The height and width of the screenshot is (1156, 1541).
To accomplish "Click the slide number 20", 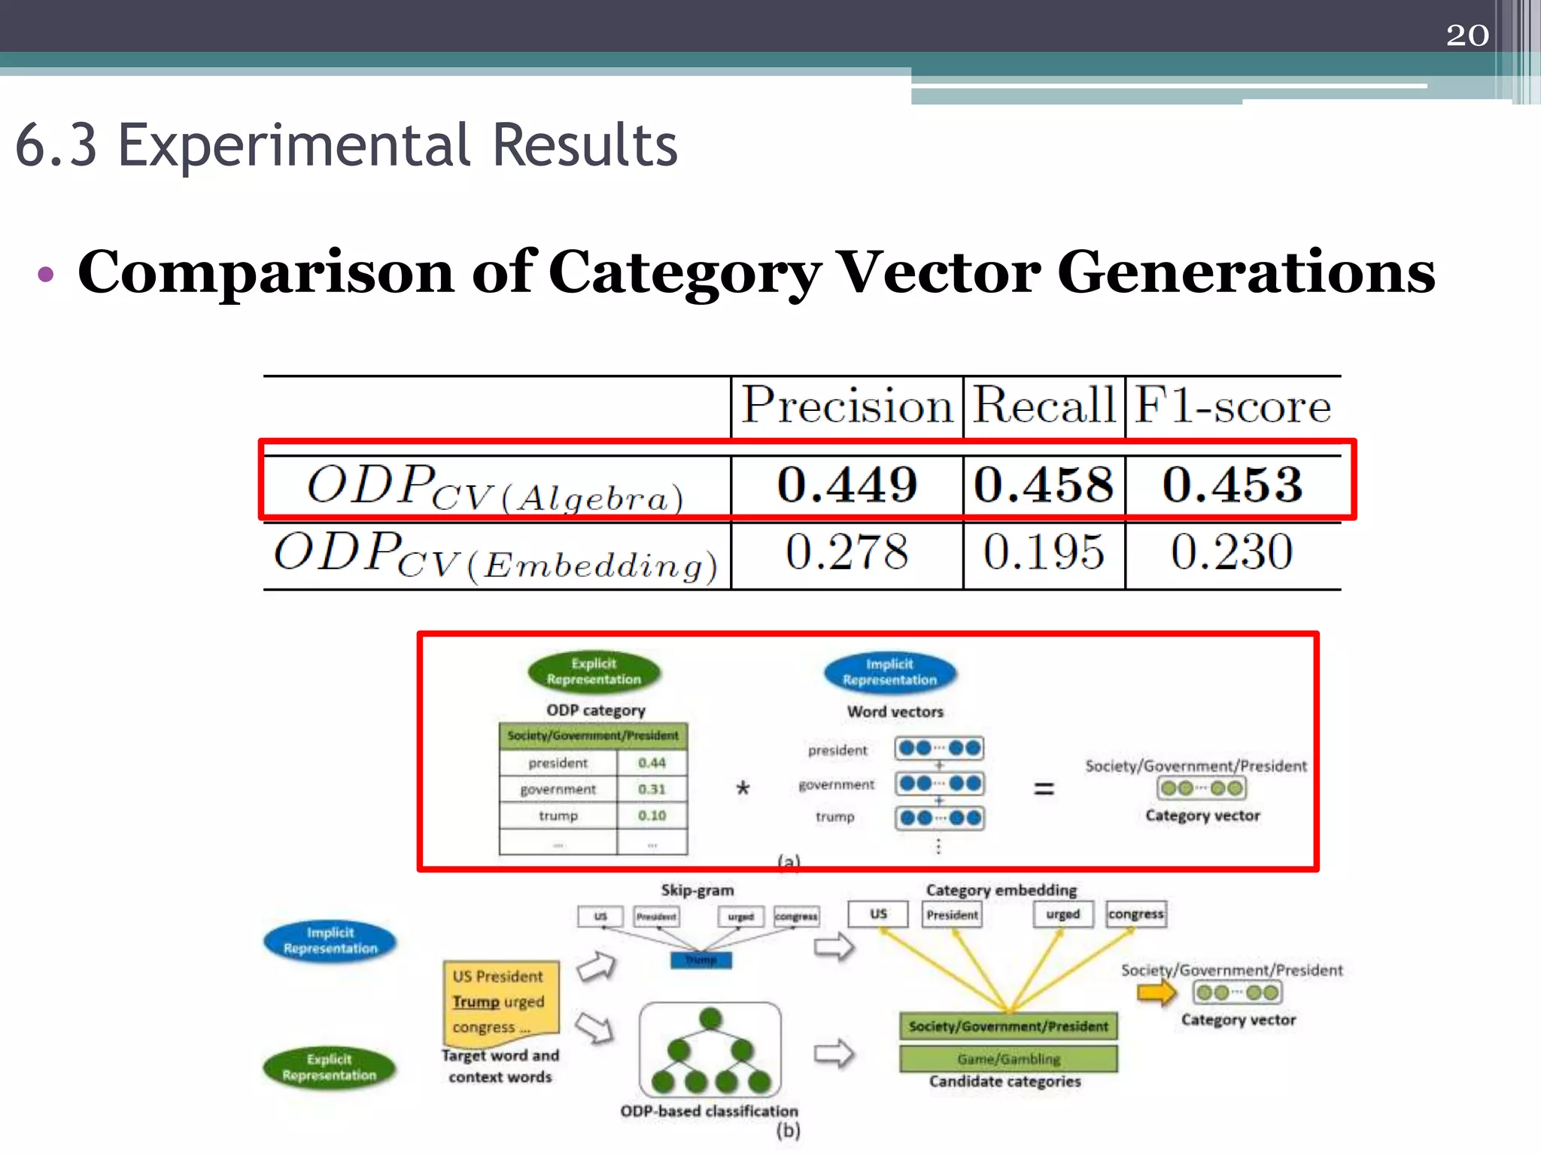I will [1467, 35].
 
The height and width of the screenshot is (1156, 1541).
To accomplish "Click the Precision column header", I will [847, 406].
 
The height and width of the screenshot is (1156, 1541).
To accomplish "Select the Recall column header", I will [1044, 406].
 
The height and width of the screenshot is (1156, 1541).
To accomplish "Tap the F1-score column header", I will [1232, 406].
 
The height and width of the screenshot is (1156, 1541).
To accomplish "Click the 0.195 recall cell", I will [1044, 552].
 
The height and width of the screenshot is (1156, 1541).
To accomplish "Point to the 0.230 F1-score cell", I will [1232, 552].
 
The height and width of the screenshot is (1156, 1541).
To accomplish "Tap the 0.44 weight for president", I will [652, 762].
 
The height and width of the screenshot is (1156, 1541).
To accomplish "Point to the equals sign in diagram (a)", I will [1044, 789].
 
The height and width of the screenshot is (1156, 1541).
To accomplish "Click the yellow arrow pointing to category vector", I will [1157, 993].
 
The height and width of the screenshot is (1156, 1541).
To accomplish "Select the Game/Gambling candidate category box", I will [1008, 1059].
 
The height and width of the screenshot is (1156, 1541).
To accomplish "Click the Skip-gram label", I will [698, 890].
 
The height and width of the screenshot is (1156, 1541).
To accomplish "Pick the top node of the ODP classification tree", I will [710, 1019].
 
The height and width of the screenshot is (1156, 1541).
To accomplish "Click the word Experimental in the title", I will [294, 145].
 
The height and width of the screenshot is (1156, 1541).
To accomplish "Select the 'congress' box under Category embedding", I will [1135, 914].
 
